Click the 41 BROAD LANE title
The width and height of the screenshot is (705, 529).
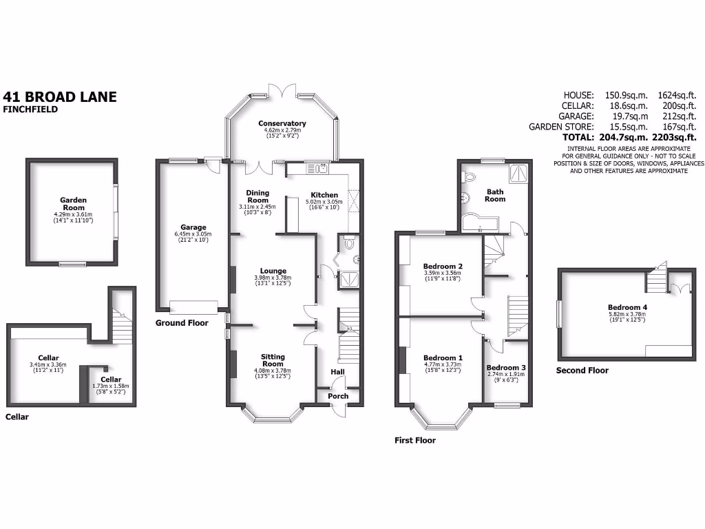[61, 96]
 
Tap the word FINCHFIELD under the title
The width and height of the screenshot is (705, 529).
[30, 109]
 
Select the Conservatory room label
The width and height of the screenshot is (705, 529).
[282, 123]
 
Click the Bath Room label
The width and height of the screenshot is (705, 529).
[495, 195]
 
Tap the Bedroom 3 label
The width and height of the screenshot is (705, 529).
[506, 367]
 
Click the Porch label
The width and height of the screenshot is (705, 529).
[338, 396]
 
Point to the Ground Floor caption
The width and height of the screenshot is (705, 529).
[182, 322]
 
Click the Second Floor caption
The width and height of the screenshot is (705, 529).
[582, 370]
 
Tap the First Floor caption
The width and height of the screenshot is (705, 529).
[415, 440]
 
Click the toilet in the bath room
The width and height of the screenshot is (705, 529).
[471, 176]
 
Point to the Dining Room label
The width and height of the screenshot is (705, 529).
[258, 196]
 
